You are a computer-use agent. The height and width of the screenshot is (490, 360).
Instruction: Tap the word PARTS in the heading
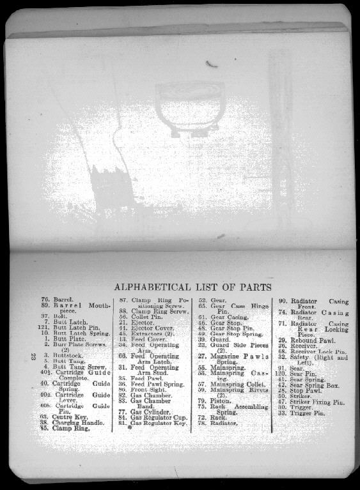256,287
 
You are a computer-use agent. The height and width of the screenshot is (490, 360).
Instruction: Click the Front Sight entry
146,389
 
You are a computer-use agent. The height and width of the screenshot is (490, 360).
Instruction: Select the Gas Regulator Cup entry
157,417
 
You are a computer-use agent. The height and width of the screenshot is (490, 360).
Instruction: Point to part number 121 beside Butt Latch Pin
44,328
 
